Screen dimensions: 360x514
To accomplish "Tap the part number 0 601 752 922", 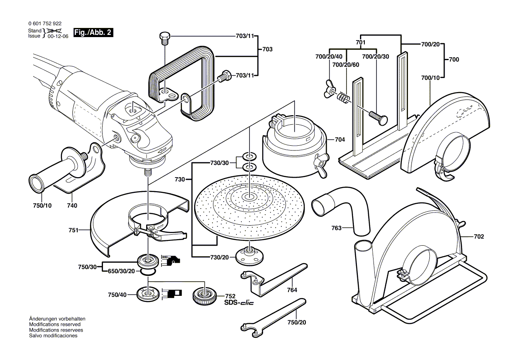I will tap(45, 24).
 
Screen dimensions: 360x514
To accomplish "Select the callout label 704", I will tap(339, 140).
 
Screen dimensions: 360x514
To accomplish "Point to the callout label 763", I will tap(336, 227).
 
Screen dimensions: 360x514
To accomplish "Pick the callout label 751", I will tap(73, 230).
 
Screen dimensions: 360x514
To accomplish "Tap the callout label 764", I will tap(292, 290).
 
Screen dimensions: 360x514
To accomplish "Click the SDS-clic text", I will tap(239, 302).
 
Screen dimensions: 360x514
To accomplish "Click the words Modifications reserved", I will tap(55, 325).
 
